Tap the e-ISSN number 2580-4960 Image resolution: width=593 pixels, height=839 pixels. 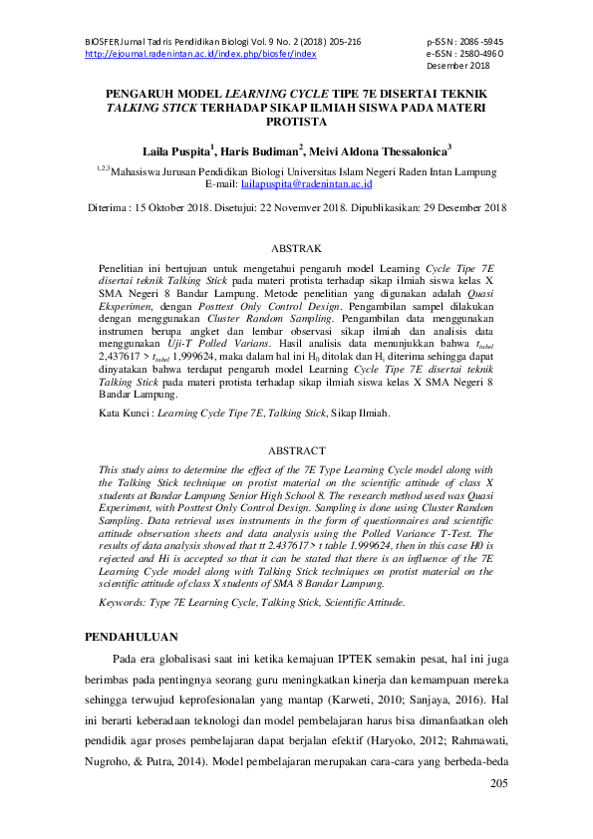(x=471, y=54)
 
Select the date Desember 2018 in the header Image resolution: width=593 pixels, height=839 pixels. (x=457, y=66)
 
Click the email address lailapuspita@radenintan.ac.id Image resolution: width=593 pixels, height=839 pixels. (x=307, y=183)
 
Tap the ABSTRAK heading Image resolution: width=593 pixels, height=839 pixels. (x=296, y=246)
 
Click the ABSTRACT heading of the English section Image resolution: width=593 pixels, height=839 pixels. (x=296, y=450)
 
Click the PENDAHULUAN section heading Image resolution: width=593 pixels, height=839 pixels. (x=131, y=635)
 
